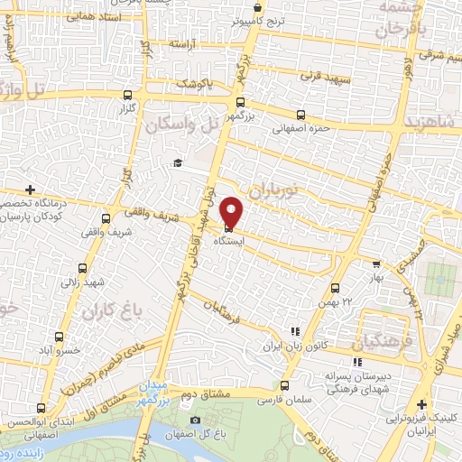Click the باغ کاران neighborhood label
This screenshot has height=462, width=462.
(x=107, y=313)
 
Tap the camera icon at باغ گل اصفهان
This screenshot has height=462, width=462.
(x=194, y=420)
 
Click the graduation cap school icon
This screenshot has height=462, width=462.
(x=178, y=163)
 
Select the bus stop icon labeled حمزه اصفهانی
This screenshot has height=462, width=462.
(x=300, y=115)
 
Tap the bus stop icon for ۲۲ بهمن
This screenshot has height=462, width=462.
(x=335, y=288)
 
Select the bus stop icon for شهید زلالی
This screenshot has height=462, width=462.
(x=83, y=268)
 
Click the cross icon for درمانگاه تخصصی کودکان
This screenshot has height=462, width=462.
(x=31, y=189)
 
